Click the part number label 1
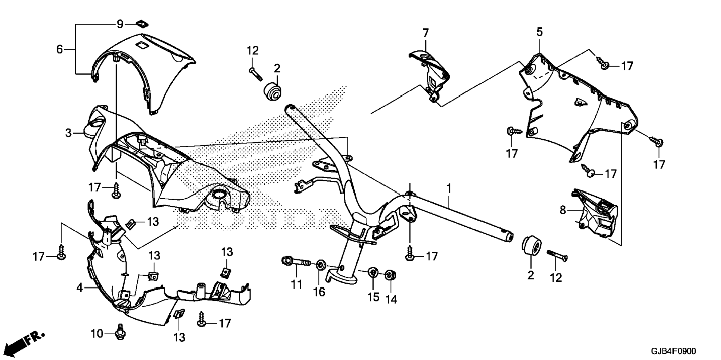pyautogui.click(x=449, y=188)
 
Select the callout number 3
pyautogui.click(x=68, y=133)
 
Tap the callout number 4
pyautogui.click(x=79, y=287)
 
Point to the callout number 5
pyautogui.click(x=539, y=32)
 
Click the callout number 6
pyautogui.click(x=60, y=49)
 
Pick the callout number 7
pyautogui.click(x=425, y=33)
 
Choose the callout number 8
pyautogui.click(x=563, y=210)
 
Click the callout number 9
pyautogui.click(x=120, y=24)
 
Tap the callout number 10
pyautogui.click(x=97, y=333)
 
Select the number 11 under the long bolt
pyautogui.click(x=296, y=285)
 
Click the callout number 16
pyautogui.click(x=319, y=292)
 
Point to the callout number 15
pyautogui.click(x=373, y=297)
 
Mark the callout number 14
pyautogui.click(x=391, y=299)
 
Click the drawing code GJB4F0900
pyautogui.click(x=673, y=351)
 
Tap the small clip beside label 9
pyautogui.click(x=142, y=24)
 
